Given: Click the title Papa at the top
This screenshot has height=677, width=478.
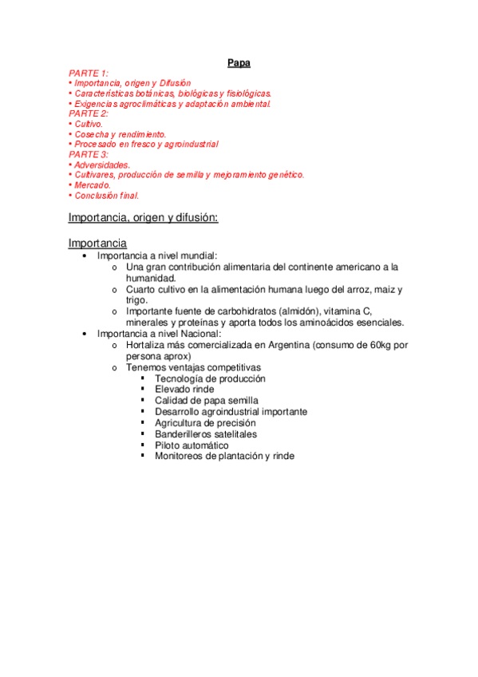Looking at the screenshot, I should point(239,63).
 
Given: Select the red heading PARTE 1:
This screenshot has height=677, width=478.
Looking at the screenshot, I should point(88,73).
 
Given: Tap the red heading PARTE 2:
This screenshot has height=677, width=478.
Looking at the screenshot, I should point(88,113).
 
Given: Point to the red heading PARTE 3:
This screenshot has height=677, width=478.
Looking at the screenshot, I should point(88,154).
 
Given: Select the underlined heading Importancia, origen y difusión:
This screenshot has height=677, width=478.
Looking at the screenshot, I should point(144,217).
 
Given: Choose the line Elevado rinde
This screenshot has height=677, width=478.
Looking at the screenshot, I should point(185,390).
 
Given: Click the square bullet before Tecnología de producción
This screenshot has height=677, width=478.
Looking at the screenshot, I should point(142,378).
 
